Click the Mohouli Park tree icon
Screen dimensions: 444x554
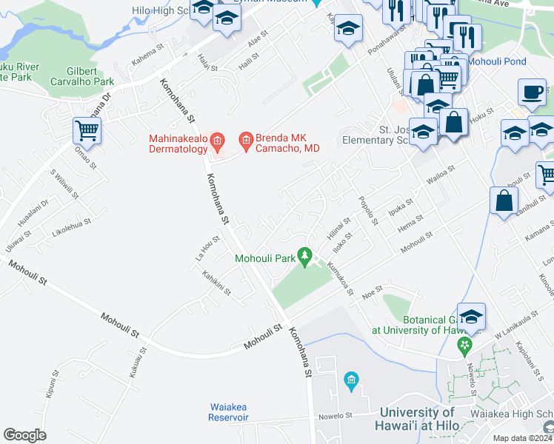pos(304,256)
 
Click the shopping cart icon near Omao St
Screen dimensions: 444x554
pos(87,132)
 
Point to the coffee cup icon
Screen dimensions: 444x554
pos(531,92)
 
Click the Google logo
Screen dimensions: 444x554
pos(24,434)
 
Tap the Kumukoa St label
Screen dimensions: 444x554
pos(339,277)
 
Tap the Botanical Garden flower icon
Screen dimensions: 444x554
pos(464,345)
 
